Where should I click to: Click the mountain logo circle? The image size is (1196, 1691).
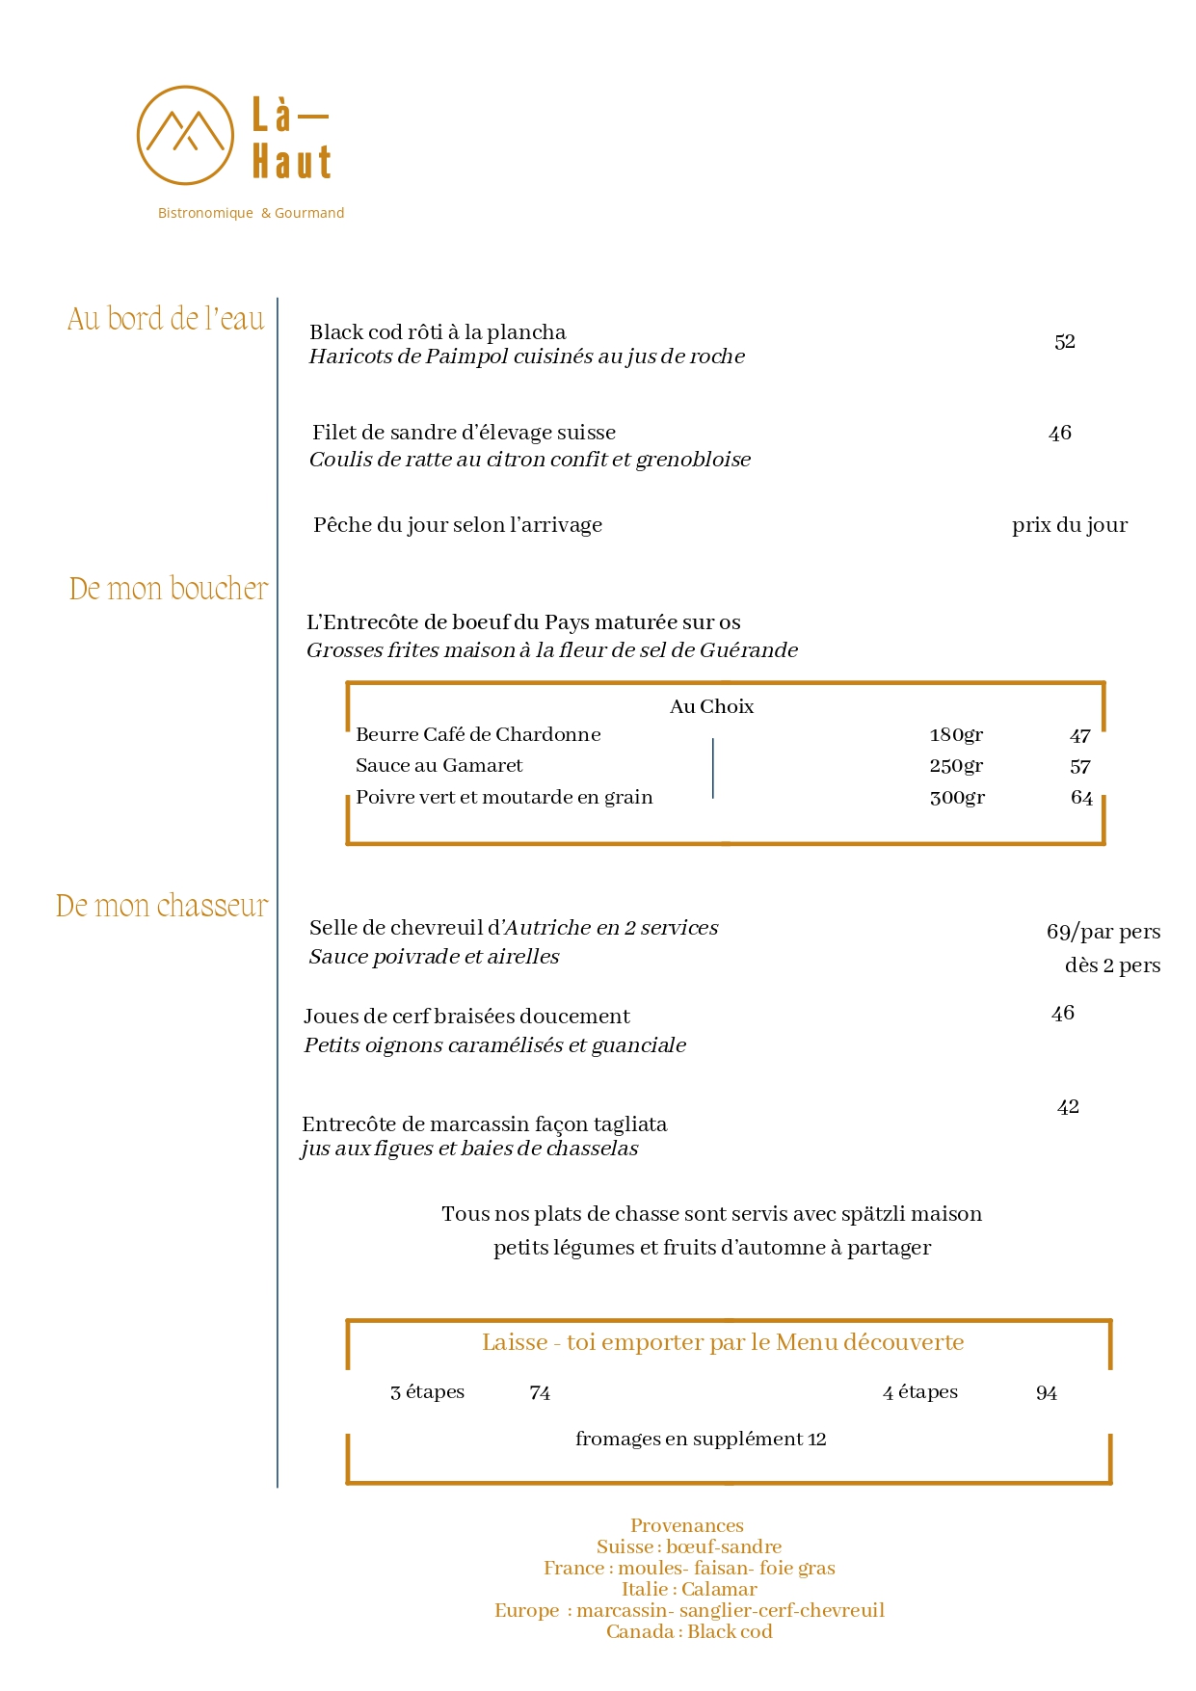[185, 135]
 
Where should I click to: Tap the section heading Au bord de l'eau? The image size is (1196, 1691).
[166, 319]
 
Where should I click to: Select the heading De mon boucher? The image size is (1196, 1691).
[169, 589]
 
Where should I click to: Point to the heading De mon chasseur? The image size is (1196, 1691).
[162, 906]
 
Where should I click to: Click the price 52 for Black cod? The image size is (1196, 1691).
[1064, 342]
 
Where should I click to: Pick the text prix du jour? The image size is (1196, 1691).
[1069, 525]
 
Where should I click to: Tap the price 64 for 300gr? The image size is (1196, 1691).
[1081, 798]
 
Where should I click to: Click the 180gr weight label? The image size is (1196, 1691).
[956, 735]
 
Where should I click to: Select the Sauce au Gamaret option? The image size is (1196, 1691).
[439, 766]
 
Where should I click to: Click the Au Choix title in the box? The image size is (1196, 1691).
[711, 706]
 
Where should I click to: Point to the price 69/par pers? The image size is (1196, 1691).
[1103, 932]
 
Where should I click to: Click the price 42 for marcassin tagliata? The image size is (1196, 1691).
[1067, 1107]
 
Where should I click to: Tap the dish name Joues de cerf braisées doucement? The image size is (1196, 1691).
[466, 1017]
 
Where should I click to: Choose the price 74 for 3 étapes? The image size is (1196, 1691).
[540, 1393]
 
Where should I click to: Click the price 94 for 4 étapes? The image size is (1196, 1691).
[1046, 1393]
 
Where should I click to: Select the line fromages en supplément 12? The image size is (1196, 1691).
[701, 1440]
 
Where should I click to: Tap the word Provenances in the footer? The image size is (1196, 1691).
[686, 1525]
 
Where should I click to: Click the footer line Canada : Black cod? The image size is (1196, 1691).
[689, 1631]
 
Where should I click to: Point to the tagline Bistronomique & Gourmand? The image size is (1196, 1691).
[251, 213]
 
